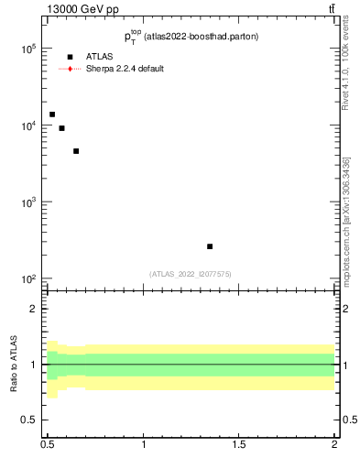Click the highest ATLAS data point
[52, 115]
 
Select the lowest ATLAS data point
[210, 246]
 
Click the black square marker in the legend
[70, 57]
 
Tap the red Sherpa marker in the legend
[70, 69]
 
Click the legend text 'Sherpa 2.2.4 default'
[125, 69]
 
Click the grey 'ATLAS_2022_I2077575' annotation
[191, 273]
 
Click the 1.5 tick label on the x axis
[239, 444]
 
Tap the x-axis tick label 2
[334, 444]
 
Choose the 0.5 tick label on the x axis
[49, 444]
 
